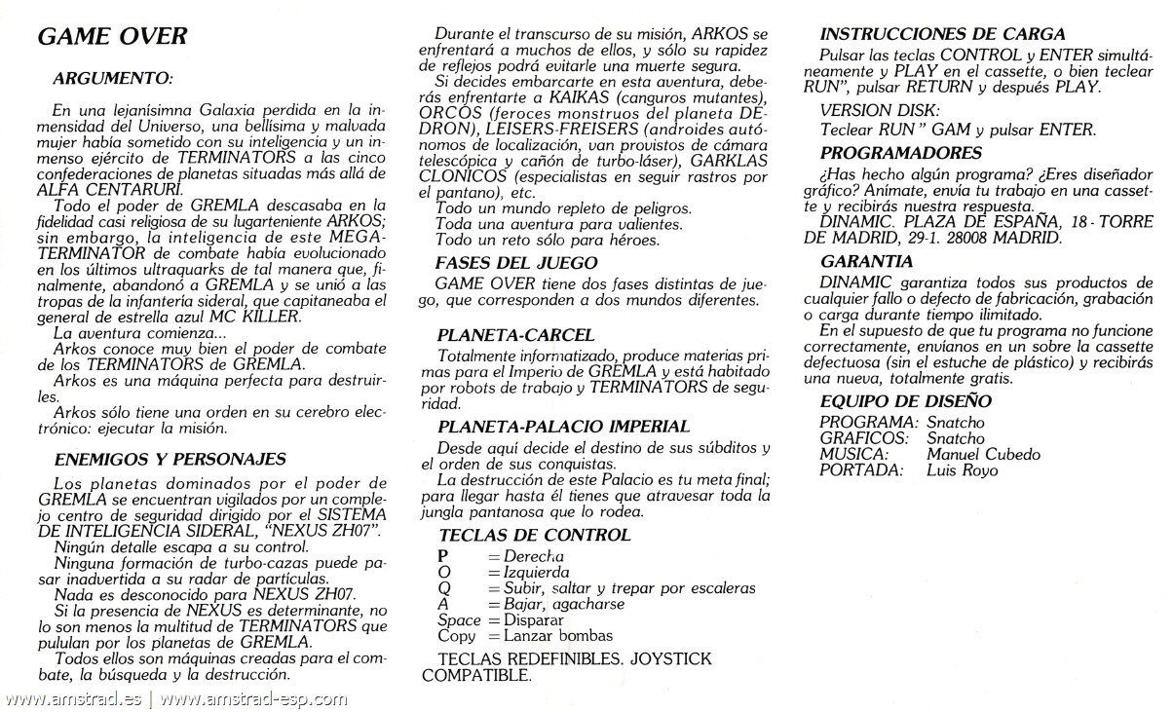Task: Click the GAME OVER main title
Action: [x=112, y=38]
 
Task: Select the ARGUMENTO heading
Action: [x=112, y=75]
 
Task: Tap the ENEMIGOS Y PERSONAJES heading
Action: [x=170, y=458]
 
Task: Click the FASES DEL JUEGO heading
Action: [x=516, y=263]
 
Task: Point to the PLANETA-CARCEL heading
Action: [x=516, y=335]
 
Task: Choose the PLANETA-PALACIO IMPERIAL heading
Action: [x=564, y=426]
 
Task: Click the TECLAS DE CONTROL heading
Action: [x=534, y=535]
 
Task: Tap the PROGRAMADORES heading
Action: [x=901, y=153]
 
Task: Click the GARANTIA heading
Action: [x=867, y=261]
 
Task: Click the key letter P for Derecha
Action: [x=444, y=554]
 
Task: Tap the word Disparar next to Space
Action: [x=533, y=619]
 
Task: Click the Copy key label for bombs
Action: [x=457, y=636]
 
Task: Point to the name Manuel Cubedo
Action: [x=984, y=455]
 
